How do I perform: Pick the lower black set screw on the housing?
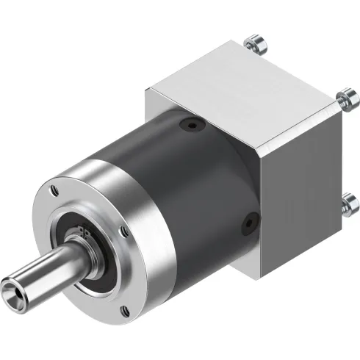(x=251, y=218)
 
